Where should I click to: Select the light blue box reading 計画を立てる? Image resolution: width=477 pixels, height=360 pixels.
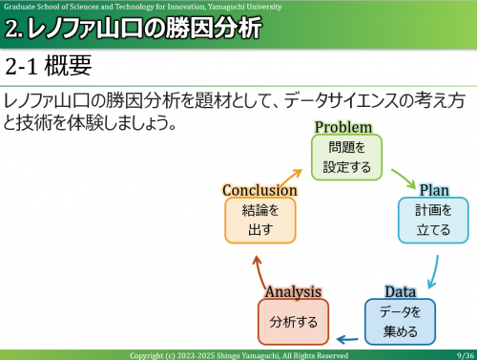pyautogui.click(x=433, y=221)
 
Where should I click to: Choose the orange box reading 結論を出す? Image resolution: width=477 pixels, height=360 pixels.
pyautogui.click(x=259, y=221)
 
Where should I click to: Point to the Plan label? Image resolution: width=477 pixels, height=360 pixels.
pyautogui.click(x=434, y=190)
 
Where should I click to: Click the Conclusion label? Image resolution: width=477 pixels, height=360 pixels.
pyautogui.click(x=259, y=190)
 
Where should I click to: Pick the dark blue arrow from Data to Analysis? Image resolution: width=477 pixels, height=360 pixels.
pyautogui.click(x=346, y=337)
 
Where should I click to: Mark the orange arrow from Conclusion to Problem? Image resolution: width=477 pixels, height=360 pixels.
pyautogui.click(x=293, y=174)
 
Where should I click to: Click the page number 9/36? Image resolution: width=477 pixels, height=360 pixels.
pyautogui.click(x=465, y=355)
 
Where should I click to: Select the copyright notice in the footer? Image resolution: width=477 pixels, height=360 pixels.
pyautogui.click(x=238, y=355)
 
